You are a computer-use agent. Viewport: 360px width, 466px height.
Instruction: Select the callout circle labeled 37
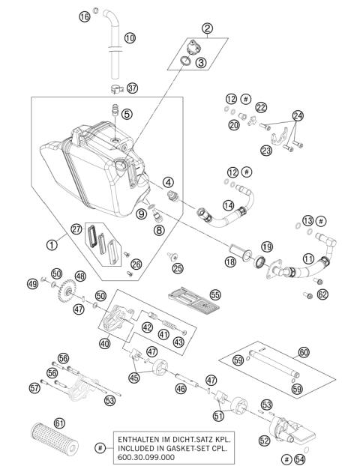(133, 88)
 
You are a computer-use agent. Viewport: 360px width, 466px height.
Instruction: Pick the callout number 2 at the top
(206, 29)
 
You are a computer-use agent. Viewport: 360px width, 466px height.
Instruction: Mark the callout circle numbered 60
(303, 351)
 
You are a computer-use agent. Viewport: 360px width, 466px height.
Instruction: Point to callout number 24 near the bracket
(298, 115)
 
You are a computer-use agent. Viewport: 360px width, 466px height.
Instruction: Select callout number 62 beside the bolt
(322, 295)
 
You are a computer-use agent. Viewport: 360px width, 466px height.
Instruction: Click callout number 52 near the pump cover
(264, 441)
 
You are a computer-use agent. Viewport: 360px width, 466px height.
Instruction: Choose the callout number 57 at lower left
(34, 387)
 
